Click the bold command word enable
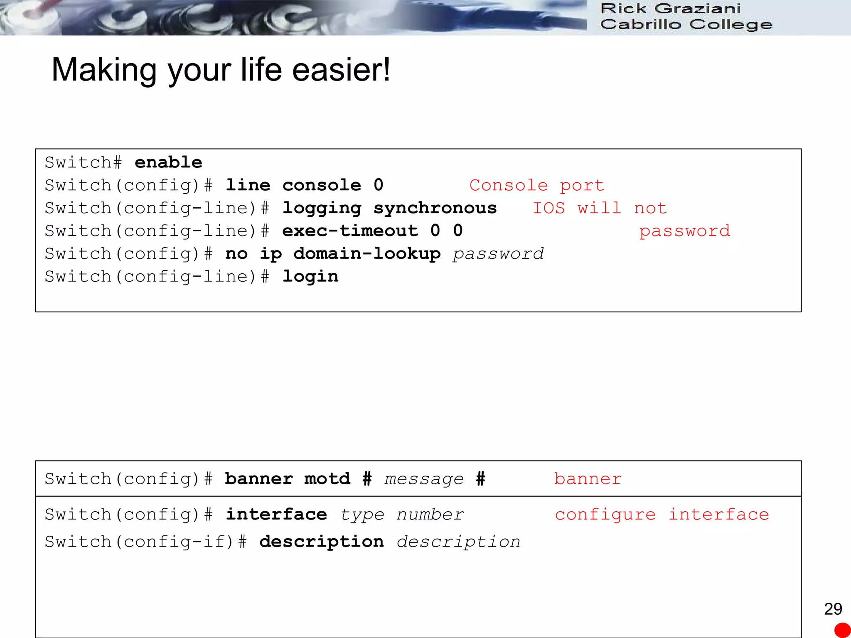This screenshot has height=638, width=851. click(x=168, y=162)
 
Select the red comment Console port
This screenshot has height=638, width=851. click(x=536, y=185)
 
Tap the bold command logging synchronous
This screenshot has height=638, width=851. click(x=389, y=208)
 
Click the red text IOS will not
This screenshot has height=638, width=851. click(x=600, y=208)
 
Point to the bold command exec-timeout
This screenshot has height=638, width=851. click(x=350, y=231)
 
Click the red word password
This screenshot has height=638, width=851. click(x=684, y=231)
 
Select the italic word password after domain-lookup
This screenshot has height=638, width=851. click(x=498, y=254)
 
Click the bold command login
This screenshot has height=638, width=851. click(x=310, y=277)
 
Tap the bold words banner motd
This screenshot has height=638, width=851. click(x=288, y=479)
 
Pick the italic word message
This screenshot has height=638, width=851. click(x=424, y=479)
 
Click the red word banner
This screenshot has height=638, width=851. click(x=588, y=479)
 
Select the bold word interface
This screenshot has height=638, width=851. click(x=276, y=515)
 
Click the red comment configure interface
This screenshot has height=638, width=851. click(x=662, y=515)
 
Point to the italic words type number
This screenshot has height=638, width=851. click(x=402, y=515)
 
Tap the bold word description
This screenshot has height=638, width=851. click(x=322, y=542)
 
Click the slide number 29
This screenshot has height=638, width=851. click(x=833, y=609)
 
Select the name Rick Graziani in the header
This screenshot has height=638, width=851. click(x=671, y=8)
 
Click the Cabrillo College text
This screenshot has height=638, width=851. click(x=686, y=24)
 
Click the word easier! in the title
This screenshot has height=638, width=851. click(x=341, y=70)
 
